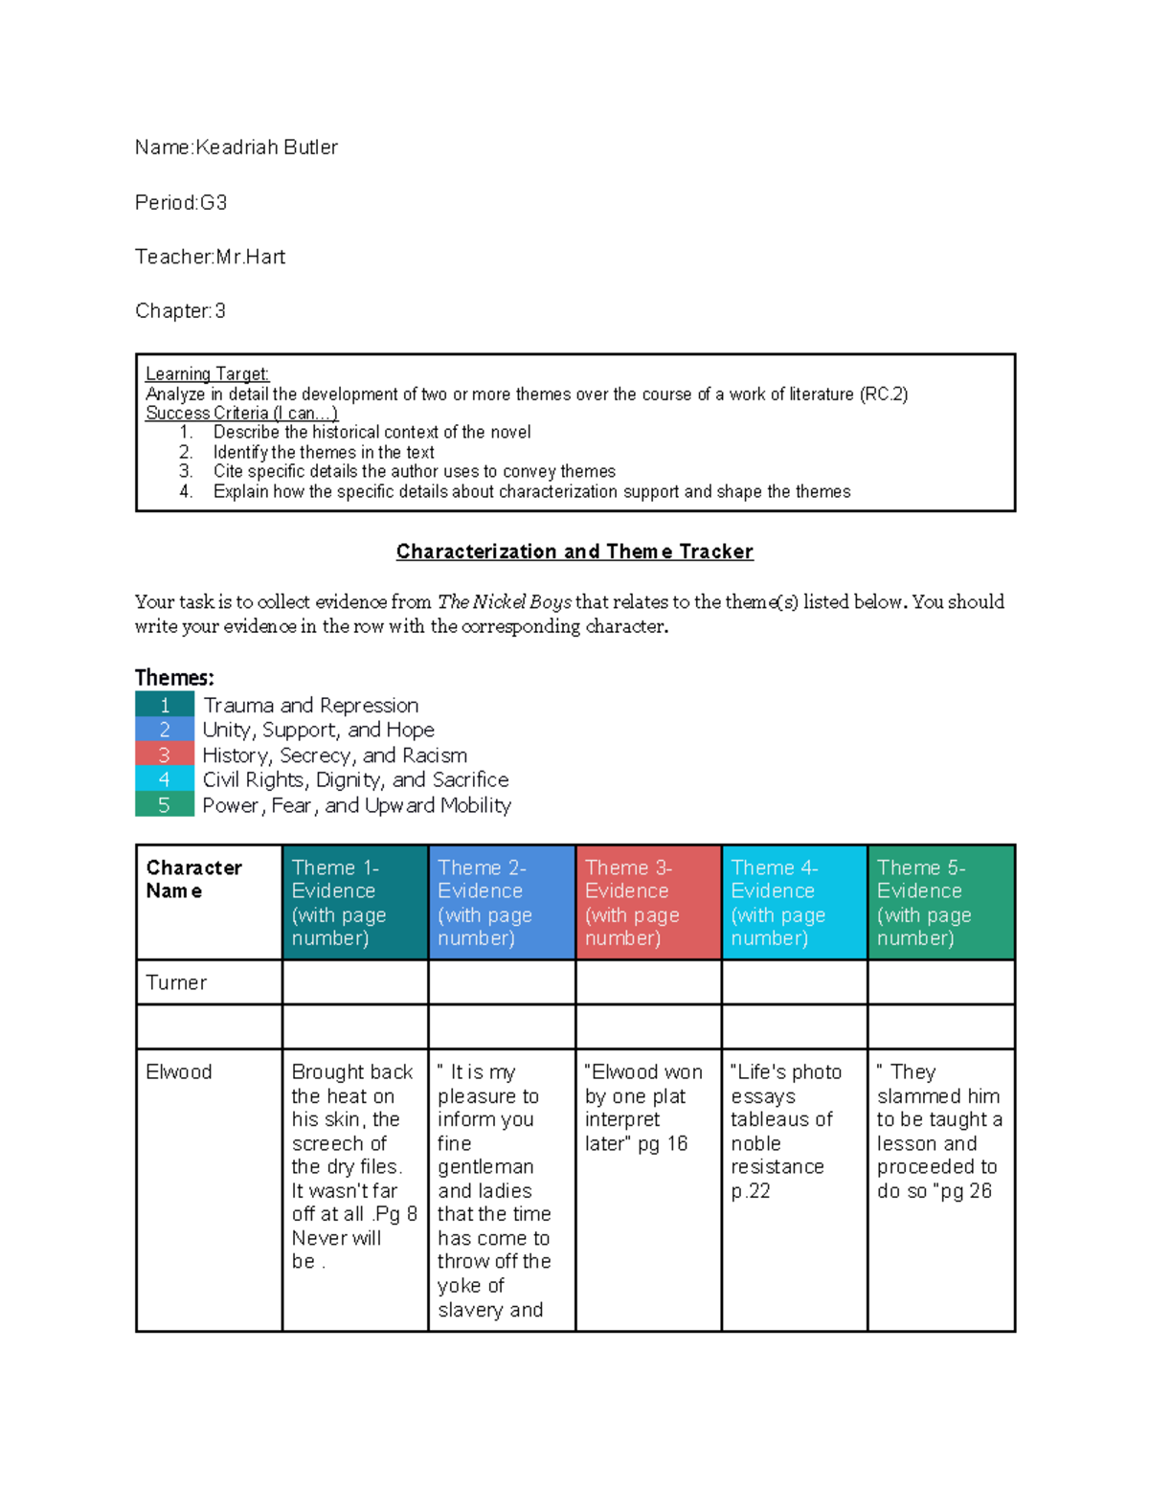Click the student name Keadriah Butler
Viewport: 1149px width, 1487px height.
click(265, 147)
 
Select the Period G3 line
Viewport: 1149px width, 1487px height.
click(181, 203)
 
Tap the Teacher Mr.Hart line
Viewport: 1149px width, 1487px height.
click(210, 257)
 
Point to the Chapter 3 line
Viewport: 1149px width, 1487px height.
click(180, 311)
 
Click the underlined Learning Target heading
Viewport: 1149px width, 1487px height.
click(207, 374)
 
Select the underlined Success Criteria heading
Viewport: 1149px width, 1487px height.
click(241, 414)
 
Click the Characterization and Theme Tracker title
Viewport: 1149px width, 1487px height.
click(574, 552)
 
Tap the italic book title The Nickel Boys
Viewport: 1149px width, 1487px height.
click(504, 602)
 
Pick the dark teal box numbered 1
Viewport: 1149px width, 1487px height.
click(165, 706)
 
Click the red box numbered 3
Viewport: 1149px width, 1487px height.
click(165, 755)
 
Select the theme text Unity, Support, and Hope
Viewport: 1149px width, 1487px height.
click(318, 730)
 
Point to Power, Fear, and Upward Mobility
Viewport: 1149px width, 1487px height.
click(356, 805)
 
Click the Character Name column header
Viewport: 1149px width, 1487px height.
click(193, 879)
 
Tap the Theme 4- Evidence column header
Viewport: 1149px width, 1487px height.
click(793, 902)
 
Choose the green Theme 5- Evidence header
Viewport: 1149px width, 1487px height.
click(940, 902)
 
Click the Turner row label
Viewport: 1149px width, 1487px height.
click(176, 982)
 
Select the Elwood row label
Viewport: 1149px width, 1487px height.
click(179, 1072)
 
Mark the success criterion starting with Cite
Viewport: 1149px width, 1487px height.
click(414, 472)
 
